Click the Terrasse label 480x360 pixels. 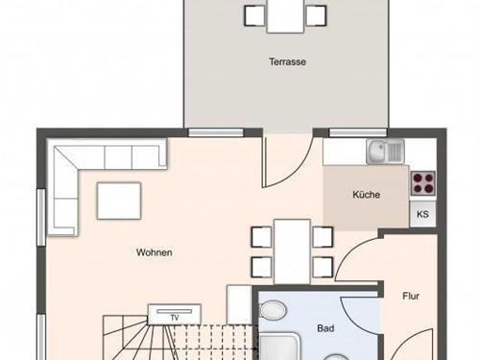[287, 61]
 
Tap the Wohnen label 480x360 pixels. [155, 252]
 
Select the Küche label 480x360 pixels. [367, 195]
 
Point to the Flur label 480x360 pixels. [411, 296]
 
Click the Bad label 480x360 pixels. [325, 328]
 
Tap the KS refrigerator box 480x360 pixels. [422, 214]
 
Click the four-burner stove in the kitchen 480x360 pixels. [423, 183]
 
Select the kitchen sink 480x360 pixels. [386, 152]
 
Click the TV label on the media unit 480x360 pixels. [175, 318]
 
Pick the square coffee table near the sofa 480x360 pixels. [119, 201]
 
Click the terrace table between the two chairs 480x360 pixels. [285, 16]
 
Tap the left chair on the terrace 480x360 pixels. [254, 15]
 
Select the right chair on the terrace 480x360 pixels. [316, 15]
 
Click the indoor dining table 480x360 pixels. [292, 252]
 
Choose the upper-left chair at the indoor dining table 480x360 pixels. [262, 237]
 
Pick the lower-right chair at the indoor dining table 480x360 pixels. [323, 267]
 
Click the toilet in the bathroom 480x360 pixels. [273, 310]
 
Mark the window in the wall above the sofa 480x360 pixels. [216, 132]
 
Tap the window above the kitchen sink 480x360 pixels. [358, 132]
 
